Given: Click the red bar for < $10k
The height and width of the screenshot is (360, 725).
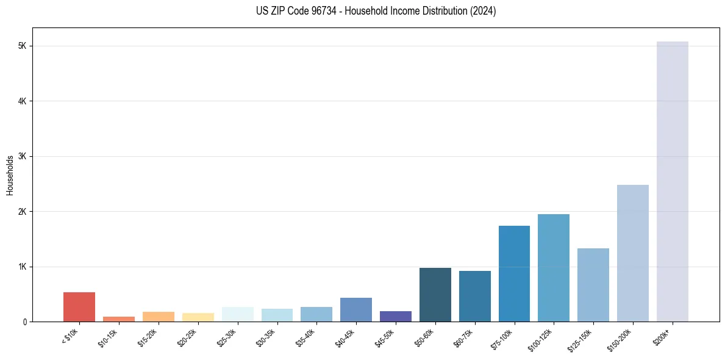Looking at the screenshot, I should (79, 307).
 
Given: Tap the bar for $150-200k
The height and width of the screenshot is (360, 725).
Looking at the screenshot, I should (632, 253).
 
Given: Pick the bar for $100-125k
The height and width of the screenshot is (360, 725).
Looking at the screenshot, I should (554, 268).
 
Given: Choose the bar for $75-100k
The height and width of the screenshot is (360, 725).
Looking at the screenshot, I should (514, 273).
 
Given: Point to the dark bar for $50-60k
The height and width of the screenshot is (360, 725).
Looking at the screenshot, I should (435, 295).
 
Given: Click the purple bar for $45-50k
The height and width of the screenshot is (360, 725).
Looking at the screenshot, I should (395, 316).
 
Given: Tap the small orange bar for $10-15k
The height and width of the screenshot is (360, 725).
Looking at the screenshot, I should (119, 319).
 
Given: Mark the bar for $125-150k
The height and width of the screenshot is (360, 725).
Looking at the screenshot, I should (593, 285).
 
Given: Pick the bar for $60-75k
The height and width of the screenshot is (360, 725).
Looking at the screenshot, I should (474, 296).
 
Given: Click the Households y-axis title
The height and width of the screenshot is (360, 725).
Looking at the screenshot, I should (10, 175).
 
